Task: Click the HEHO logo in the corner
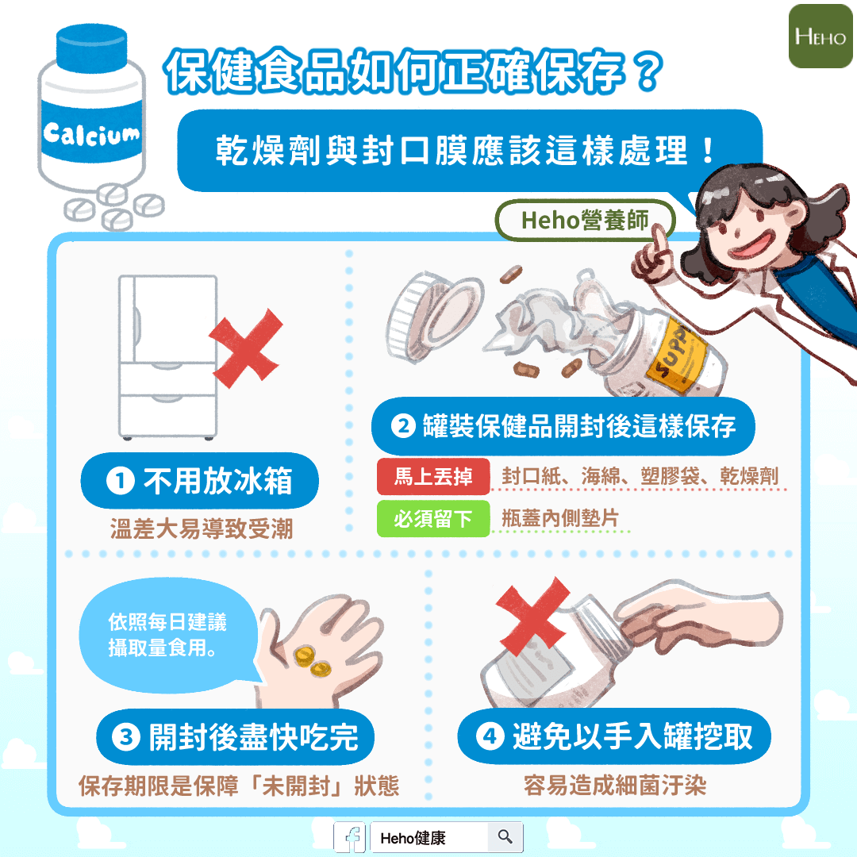(820, 36)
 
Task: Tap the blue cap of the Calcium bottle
(92, 48)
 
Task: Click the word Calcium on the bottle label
(91, 134)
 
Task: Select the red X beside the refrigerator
(247, 348)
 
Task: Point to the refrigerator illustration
(167, 357)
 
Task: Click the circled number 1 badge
(121, 481)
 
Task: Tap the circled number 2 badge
(403, 426)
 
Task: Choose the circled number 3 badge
(126, 736)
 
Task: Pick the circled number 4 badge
(490, 736)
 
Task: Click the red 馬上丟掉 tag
(433, 477)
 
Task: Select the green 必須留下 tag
(433, 519)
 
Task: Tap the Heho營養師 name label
(585, 221)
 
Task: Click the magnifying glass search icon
(505, 836)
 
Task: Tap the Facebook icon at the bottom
(350, 838)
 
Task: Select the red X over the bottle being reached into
(532, 617)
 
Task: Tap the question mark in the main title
(648, 71)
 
